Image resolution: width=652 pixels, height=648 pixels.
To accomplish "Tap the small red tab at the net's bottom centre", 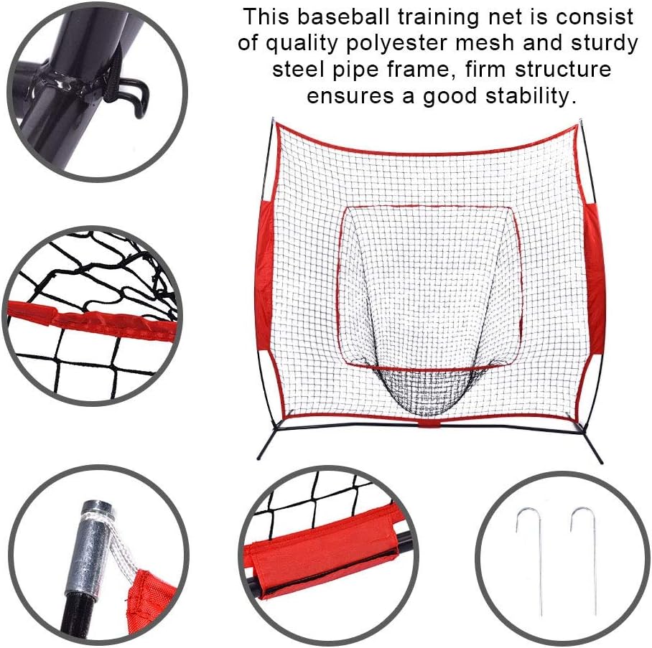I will click(429, 422).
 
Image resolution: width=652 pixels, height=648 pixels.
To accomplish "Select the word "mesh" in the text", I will click(490, 44).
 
